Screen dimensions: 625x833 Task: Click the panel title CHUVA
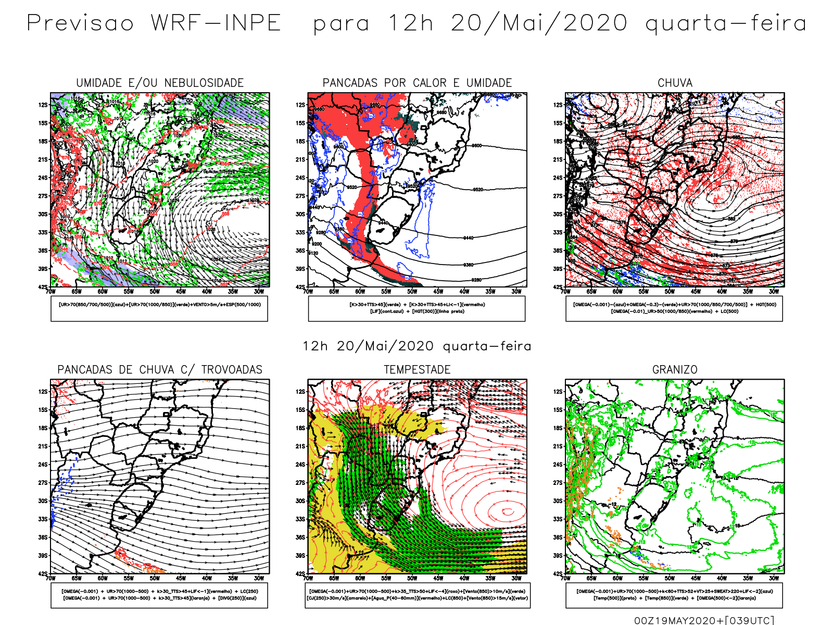[x=675, y=83]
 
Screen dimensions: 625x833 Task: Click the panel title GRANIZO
[x=675, y=370]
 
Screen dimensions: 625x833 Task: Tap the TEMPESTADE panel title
[x=417, y=370]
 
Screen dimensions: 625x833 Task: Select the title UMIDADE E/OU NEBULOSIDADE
[x=160, y=83]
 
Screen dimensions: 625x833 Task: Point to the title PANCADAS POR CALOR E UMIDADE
[x=417, y=83]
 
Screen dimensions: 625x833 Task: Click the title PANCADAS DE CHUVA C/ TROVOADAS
[x=160, y=370]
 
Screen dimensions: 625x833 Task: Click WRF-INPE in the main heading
[x=216, y=23]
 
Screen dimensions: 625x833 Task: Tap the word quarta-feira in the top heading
[x=726, y=23]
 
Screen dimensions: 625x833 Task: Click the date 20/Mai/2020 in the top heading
[x=539, y=23]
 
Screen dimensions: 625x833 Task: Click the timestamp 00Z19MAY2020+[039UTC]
[x=704, y=620]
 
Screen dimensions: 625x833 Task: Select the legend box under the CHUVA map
[x=674, y=308]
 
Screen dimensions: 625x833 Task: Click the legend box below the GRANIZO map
[x=674, y=595]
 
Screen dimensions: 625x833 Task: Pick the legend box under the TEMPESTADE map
[x=417, y=595]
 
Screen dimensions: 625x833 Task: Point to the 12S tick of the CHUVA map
[x=558, y=105]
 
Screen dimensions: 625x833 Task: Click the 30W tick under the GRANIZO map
[x=774, y=578]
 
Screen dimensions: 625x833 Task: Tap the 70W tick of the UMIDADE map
[x=51, y=292]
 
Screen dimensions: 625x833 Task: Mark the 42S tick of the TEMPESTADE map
[x=300, y=573]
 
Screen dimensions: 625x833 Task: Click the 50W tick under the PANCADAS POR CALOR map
[x=412, y=292]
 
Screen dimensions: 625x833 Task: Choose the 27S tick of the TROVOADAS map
[x=43, y=482]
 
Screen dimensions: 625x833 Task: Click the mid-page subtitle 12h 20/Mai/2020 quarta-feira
[x=417, y=346]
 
